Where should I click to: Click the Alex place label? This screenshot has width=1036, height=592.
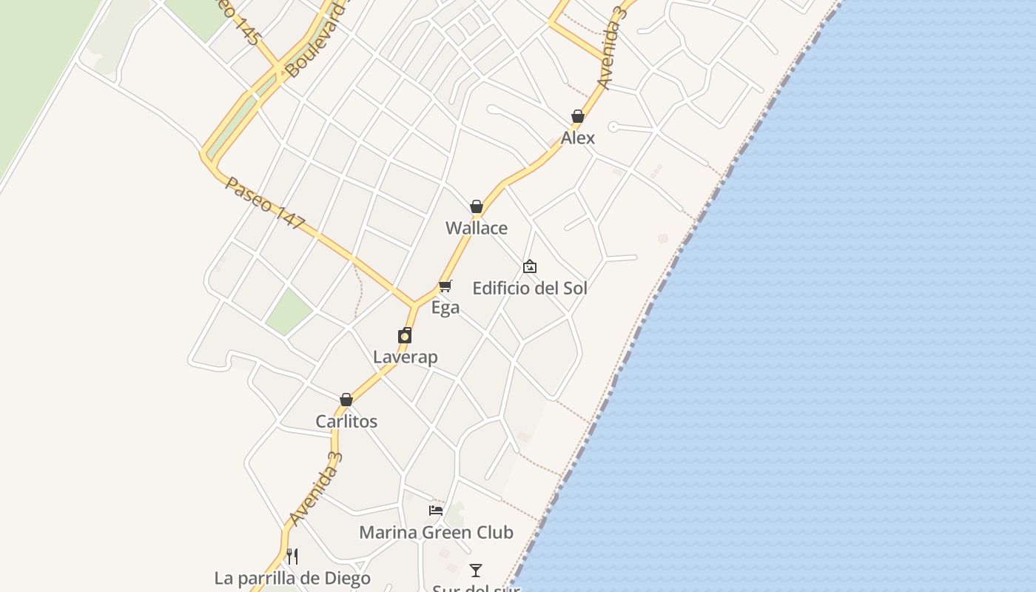577,138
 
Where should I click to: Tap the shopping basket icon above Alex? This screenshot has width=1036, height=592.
578,116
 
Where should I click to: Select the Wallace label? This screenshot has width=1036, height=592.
477,228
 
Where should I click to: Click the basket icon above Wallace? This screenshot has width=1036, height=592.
477,206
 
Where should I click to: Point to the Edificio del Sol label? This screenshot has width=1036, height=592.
530,288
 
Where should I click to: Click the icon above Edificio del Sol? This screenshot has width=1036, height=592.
530,266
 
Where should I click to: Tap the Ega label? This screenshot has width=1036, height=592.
445,307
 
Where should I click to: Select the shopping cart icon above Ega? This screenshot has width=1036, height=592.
445,286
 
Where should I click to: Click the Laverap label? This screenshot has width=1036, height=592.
405,357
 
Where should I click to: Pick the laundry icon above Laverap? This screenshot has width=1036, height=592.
405,335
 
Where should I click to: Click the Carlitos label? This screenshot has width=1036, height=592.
346,421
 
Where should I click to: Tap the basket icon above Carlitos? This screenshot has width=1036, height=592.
346,400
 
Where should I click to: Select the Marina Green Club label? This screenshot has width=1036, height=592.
436,532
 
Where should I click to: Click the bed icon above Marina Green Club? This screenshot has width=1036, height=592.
436,511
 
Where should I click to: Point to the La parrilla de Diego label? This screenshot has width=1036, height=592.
292,578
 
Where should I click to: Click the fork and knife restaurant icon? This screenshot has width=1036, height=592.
292,556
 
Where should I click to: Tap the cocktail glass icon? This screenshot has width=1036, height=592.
476,571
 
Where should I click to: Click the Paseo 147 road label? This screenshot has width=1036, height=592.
265,203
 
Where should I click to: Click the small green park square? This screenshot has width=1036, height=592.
289,311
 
